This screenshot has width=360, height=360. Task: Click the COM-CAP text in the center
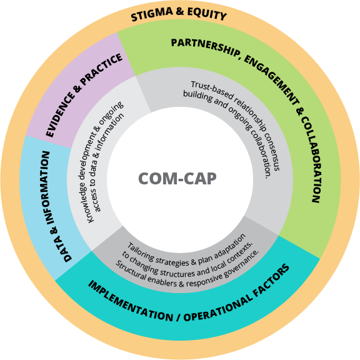pyautogui.click(x=177, y=179)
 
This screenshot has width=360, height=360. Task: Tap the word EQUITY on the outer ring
pyautogui.click(x=206, y=14)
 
